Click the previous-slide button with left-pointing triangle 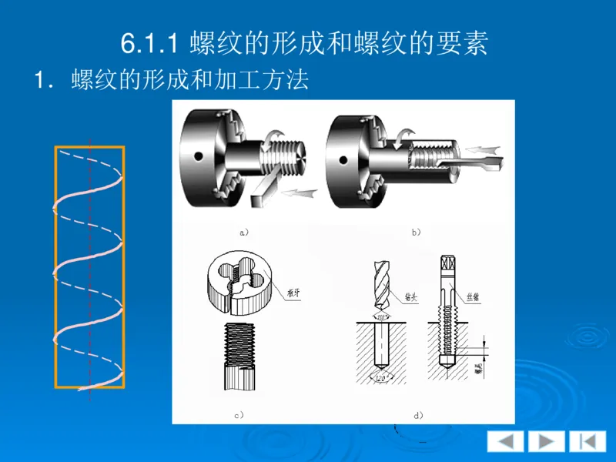(505, 441)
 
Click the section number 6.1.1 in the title (151, 43)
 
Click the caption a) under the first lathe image (245, 231)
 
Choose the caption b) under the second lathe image (416, 231)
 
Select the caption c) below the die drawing (239, 414)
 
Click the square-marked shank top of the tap (447, 266)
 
